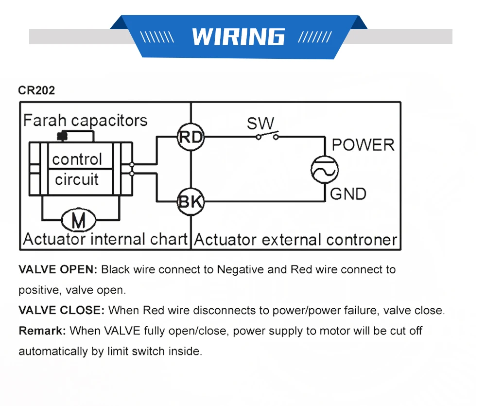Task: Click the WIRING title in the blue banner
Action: pos(238,36)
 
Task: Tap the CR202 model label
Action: pos(36,90)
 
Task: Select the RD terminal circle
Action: pos(191,137)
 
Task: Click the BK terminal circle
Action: pos(191,202)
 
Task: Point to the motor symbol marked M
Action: pos(78,220)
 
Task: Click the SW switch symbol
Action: pos(267,136)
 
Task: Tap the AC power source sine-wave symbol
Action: pos(325,170)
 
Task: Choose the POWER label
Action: pos(363,145)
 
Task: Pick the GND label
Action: pos(348,194)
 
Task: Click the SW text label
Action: pos(260,123)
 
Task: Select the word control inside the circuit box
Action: pos(77,159)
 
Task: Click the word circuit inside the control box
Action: pos(77,179)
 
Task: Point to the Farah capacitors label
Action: pos(85,121)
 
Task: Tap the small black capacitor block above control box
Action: pos(62,136)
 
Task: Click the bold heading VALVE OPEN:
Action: pos(58,269)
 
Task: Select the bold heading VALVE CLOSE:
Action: pos(62,310)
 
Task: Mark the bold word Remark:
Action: pos(42,331)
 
